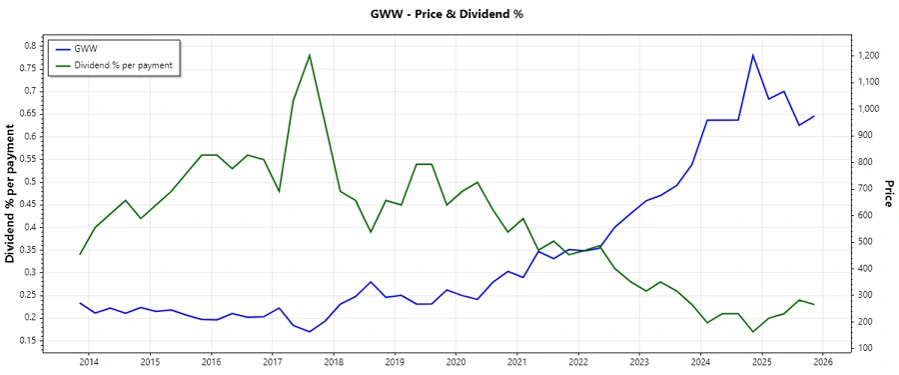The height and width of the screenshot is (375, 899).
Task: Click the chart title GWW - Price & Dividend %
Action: (448, 14)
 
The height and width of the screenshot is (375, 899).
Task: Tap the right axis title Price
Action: (887, 194)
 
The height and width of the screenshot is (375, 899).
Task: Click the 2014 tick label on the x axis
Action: (89, 361)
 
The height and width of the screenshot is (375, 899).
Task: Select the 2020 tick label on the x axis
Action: (455, 361)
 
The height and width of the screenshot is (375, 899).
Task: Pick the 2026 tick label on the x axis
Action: (822, 361)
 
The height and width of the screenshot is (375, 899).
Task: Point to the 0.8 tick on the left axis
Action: (30, 45)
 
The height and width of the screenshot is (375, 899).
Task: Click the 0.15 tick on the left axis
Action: (28, 341)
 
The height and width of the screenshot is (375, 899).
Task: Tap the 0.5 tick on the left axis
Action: (30, 182)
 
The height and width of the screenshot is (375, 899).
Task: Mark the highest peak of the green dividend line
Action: (310, 54)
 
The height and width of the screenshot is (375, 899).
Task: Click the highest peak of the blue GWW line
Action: (753, 55)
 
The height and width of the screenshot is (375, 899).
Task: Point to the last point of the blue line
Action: (814, 116)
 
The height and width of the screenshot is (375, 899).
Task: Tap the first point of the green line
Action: (80, 254)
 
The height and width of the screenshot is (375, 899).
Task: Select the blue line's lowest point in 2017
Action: (310, 332)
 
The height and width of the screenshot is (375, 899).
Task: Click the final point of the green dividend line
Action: (814, 304)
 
